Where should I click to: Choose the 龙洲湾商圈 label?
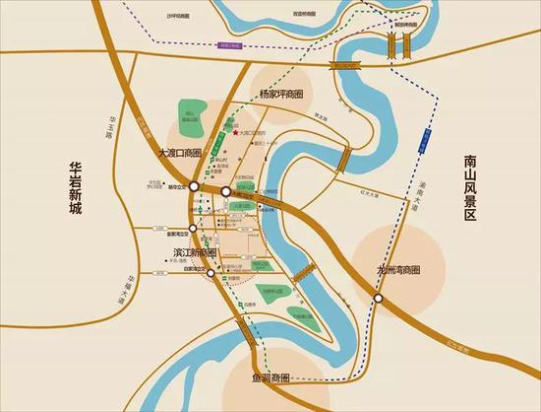click(x=399, y=269)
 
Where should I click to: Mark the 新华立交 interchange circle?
click(x=195, y=185)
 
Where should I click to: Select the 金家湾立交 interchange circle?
click(x=195, y=228)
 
